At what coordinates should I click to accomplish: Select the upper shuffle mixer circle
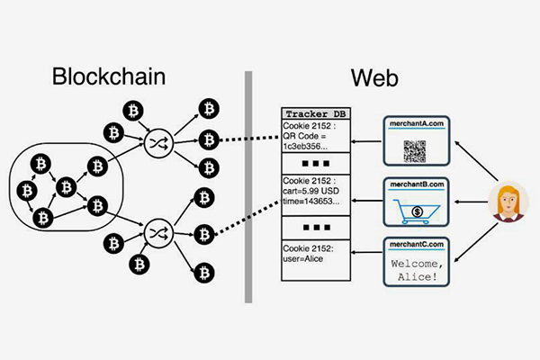158,141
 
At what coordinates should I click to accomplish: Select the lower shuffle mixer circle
158,232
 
